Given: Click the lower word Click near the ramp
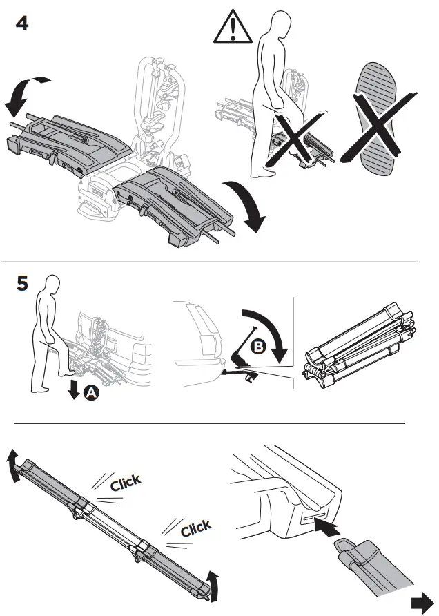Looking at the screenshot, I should [x=195, y=528].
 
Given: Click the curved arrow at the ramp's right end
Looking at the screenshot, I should [x=216, y=586].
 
